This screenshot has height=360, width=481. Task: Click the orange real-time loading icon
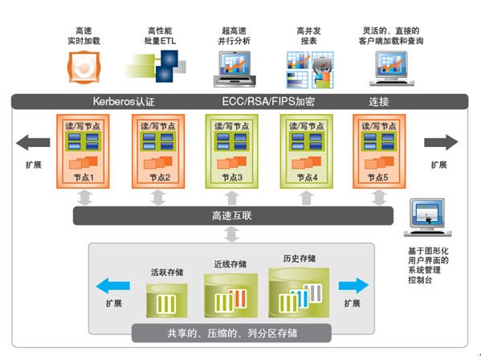(84, 67)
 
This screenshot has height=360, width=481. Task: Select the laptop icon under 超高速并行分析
(234, 69)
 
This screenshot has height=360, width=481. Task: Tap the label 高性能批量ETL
(160, 35)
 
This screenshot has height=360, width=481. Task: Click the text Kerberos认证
(124, 101)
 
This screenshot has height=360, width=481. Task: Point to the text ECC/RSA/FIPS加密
(268, 101)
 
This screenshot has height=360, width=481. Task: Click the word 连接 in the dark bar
(378, 101)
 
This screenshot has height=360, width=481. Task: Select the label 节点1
(84, 177)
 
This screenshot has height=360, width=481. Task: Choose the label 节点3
(232, 177)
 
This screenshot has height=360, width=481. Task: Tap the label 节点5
(377, 177)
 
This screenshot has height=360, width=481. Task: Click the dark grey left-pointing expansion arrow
(33, 142)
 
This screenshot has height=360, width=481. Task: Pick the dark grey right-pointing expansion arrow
(441, 142)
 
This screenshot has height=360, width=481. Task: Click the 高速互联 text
(232, 215)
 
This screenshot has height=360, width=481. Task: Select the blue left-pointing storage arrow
(113, 286)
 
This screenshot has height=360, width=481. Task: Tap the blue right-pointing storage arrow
(353, 286)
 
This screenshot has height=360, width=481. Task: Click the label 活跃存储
(167, 272)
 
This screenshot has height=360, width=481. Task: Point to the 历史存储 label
(299, 259)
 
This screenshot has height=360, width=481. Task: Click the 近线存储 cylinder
(230, 296)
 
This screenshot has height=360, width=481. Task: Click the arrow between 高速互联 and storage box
(231, 234)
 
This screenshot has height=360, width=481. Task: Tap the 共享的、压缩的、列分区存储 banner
(231, 333)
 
